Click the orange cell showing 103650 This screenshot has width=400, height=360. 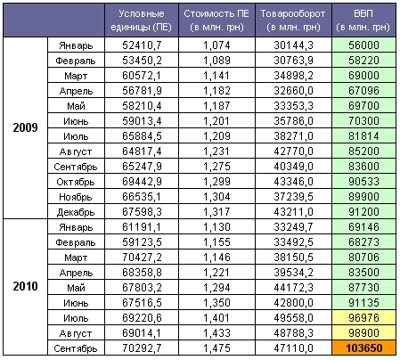pyautogui.click(x=364, y=348)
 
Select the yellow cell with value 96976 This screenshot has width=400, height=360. pyautogui.click(x=364, y=317)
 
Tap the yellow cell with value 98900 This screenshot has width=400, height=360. pyautogui.click(x=364, y=332)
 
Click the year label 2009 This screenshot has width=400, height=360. pyautogui.click(x=25, y=127)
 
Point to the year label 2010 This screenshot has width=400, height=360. pyautogui.click(x=25, y=286)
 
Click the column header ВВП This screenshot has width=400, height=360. pyautogui.click(x=364, y=20)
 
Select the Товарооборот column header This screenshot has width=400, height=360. pyautogui.click(x=293, y=20)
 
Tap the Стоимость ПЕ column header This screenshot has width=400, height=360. pyautogui.click(x=216, y=20)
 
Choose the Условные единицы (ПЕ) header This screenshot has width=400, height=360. pyautogui.click(x=142, y=20)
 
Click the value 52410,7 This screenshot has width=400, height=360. pyautogui.click(x=142, y=45)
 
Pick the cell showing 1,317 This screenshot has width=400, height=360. pyautogui.click(x=216, y=212)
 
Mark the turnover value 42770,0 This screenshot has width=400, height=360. pyautogui.click(x=293, y=151)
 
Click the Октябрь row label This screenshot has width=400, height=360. pyautogui.click(x=76, y=182)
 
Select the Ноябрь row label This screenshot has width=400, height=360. pyautogui.click(x=76, y=197)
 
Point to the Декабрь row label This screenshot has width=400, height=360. pyautogui.click(x=76, y=212)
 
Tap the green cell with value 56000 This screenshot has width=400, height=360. pyautogui.click(x=364, y=45)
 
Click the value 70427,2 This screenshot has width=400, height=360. pyautogui.click(x=142, y=258)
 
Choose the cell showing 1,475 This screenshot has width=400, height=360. pyautogui.click(x=216, y=348)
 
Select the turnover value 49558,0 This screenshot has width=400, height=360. pyautogui.click(x=293, y=318)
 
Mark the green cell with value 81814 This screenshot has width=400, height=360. pyautogui.click(x=364, y=136)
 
